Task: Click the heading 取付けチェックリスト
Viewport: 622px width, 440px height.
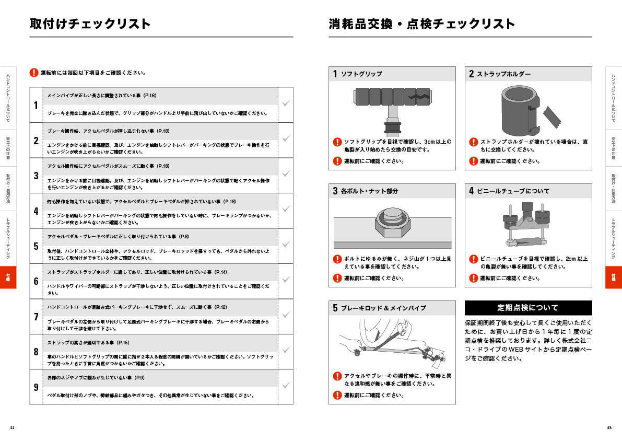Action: click(x=90, y=24)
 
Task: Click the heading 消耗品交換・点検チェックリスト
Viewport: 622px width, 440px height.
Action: click(x=421, y=24)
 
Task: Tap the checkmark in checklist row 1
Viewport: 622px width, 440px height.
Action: click(x=286, y=103)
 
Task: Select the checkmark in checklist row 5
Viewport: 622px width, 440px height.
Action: click(x=286, y=245)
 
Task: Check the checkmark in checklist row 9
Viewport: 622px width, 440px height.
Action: click(x=286, y=386)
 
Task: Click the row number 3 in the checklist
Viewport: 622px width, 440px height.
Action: click(x=36, y=176)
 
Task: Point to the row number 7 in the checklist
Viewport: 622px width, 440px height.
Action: click(x=36, y=317)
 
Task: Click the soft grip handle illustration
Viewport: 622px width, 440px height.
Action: click(x=392, y=107)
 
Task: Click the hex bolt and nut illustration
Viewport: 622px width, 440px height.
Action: click(x=392, y=223)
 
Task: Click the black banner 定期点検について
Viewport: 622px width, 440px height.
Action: click(x=528, y=308)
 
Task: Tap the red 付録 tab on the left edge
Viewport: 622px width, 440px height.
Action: click(x=7, y=277)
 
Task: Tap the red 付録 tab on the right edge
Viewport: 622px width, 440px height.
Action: click(x=614, y=277)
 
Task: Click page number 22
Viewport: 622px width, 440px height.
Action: click(x=12, y=427)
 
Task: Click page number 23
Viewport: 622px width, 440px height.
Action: click(x=609, y=427)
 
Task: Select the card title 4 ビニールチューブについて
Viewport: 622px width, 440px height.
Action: click(x=509, y=191)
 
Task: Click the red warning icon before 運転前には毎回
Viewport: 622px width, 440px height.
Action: click(x=34, y=73)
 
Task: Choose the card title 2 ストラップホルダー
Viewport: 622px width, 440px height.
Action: click(x=499, y=74)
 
